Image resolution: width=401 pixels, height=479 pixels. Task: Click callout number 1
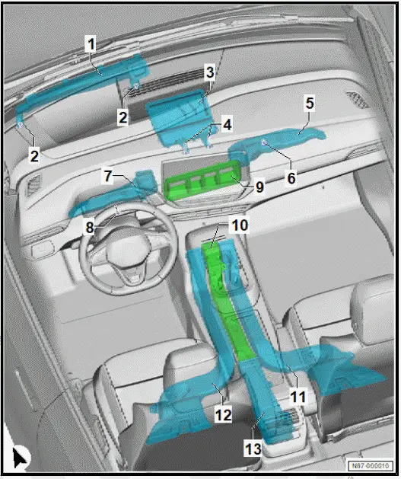coord(90,44)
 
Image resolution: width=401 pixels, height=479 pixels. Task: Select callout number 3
coord(209,73)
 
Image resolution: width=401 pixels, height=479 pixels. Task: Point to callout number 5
coord(309,101)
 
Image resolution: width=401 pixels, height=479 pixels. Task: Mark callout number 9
coord(259,185)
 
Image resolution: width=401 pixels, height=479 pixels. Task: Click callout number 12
coord(223,415)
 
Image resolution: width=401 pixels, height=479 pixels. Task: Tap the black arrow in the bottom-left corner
coord(21,458)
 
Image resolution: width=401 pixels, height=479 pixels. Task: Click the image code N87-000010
coord(370,466)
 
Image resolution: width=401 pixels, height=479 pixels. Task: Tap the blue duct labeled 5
coord(289,138)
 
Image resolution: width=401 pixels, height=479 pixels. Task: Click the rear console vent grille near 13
coord(286,421)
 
